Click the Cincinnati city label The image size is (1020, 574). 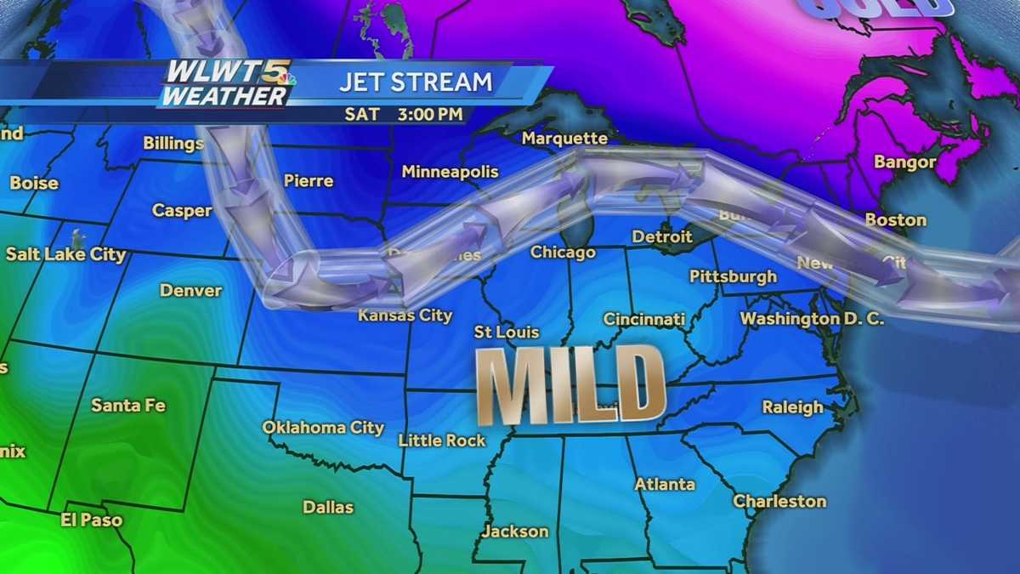(x=643, y=320)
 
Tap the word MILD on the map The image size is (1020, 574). (x=570, y=385)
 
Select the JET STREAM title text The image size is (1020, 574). (x=416, y=82)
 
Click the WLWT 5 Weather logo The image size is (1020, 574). (x=228, y=83)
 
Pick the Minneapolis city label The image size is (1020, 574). (x=450, y=172)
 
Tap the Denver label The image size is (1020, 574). (x=190, y=291)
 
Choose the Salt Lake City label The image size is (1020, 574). (x=65, y=254)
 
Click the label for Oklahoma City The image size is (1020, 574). (x=322, y=428)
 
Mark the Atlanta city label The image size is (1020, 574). (x=665, y=485)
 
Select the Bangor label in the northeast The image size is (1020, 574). (x=904, y=162)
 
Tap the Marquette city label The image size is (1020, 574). (x=564, y=138)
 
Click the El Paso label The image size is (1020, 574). (x=91, y=520)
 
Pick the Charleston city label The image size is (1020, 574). (x=779, y=502)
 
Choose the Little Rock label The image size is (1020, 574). (x=442, y=440)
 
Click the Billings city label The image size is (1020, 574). (x=173, y=143)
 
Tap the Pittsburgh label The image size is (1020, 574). (x=733, y=276)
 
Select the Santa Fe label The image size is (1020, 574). (x=128, y=406)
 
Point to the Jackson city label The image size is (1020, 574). (x=515, y=532)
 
